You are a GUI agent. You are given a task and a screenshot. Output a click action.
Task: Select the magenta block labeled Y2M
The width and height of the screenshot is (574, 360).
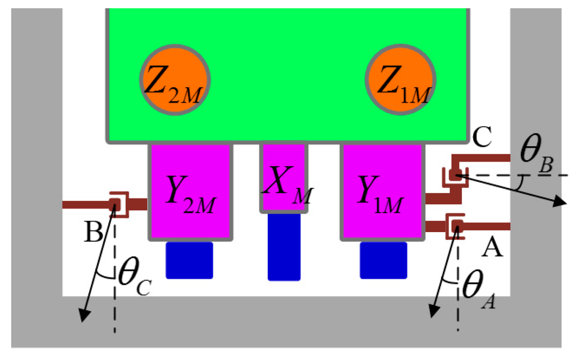190,192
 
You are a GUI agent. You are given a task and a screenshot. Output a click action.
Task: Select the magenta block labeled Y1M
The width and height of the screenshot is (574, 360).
382,192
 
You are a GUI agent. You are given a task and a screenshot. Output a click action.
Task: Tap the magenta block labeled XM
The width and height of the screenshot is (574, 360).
284,178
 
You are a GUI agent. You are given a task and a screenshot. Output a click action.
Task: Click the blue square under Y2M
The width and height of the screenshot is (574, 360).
189,260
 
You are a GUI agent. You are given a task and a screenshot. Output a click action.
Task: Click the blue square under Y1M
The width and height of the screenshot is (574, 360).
383,260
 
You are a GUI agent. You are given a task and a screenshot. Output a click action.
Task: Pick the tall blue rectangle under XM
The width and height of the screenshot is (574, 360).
284,247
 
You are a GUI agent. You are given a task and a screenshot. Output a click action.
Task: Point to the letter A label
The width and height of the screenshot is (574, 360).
492,247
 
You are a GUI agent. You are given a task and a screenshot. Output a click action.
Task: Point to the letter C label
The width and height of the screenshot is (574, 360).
482,136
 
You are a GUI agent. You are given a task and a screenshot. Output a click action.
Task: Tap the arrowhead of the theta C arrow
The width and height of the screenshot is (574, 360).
84,316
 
